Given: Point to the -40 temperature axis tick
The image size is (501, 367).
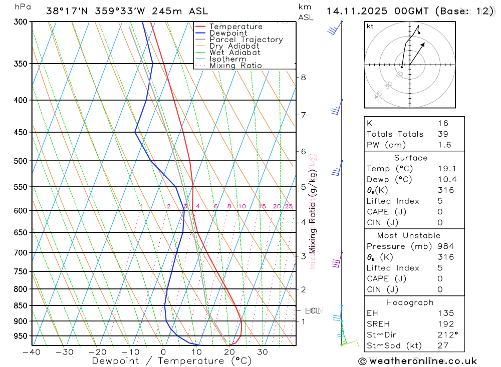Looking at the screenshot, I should pyautogui.click(x=31, y=352).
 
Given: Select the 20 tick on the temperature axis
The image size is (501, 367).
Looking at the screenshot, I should pyautogui.click(x=229, y=352).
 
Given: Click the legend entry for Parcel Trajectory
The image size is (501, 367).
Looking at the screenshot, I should pyautogui.click(x=246, y=40).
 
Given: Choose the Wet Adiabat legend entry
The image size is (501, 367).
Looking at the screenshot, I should pyautogui.click(x=235, y=53).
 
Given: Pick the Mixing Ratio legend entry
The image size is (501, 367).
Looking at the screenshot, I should pyautogui.click(x=235, y=66).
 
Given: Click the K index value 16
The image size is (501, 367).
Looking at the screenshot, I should pyautogui.click(x=443, y=123).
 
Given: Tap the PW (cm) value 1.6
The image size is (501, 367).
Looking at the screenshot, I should pyautogui.click(x=444, y=145).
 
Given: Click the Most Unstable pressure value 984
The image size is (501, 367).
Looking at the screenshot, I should pyautogui.click(x=445, y=246).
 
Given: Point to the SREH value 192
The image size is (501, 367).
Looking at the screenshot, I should pyautogui.click(x=445, y=324).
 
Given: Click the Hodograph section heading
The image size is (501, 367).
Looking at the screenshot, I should pyautogui.click(x=410, y=302).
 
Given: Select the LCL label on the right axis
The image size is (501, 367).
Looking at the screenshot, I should pyautogui.click(x=312, y=311).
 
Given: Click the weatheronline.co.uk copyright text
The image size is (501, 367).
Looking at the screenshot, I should pyautogui.click(x=417, y=361).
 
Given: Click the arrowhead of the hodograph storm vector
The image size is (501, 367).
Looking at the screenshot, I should pyautogui.click(x=424, y=44).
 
